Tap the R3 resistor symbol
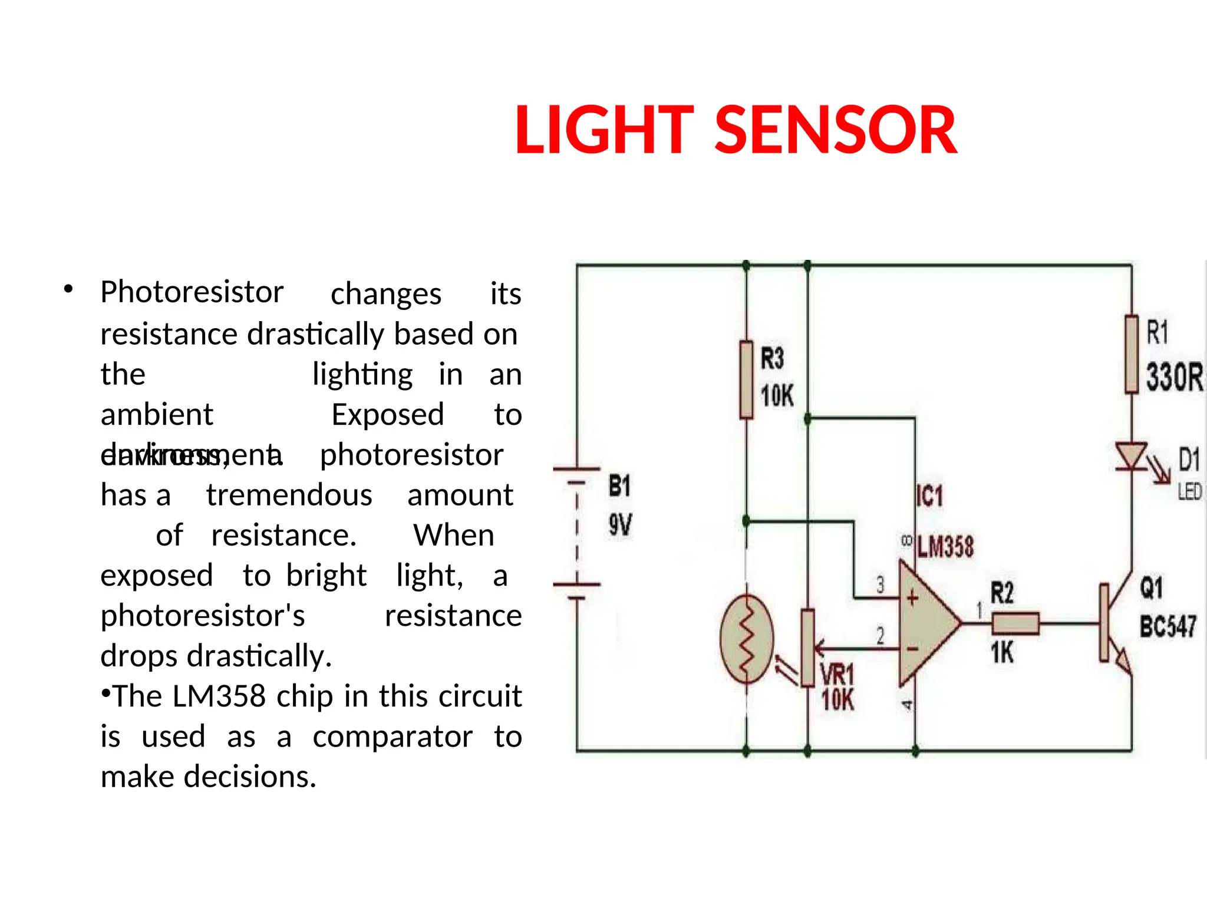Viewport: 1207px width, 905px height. [746, 380]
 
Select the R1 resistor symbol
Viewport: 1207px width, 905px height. [1131, 354]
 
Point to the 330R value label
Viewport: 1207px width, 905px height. [1174, 377]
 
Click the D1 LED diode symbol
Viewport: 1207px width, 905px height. [1132, 457]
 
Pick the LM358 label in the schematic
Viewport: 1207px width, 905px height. [945, 547]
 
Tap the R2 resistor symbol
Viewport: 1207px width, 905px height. [1015, 623]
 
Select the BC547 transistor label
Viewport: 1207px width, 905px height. [1168, 626]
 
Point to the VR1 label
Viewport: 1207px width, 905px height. [837, 675]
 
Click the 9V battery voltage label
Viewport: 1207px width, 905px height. [620, 524]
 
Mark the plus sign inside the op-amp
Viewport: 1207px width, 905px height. [912, 599]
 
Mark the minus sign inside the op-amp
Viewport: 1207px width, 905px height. [912, 649]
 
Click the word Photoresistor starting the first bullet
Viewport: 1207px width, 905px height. [192, 292]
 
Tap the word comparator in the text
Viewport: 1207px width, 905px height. [393, 737]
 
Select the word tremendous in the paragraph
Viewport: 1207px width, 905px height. [289, 496]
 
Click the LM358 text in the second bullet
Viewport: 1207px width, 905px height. [219, 696]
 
